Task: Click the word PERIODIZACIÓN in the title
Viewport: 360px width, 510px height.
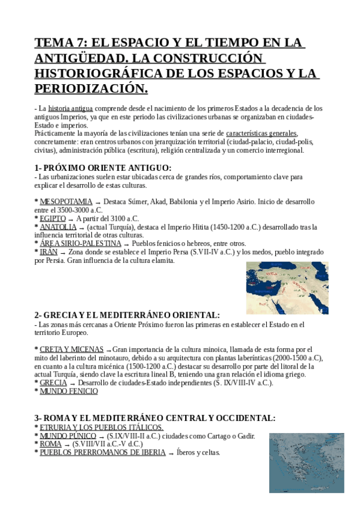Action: click(x=91, y=88)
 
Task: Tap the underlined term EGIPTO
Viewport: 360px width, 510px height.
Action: click(x=53, y=218)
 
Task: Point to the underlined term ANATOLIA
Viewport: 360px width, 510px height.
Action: click(x=58, y=227)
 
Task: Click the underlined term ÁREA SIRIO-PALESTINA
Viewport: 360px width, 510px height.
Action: click(x=81, y=244)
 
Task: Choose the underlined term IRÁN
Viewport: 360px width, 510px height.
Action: click(x=49, y=252)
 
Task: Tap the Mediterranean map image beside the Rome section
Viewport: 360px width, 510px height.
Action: click(x=307, y=462)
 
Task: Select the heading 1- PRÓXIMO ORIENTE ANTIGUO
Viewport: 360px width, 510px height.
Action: click(x=103, y=168)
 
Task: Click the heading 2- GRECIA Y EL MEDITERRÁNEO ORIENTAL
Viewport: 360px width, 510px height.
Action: click(x=127, y=315)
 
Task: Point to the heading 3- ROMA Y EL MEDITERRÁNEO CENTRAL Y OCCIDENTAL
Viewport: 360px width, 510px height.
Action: click(x=155, y=418)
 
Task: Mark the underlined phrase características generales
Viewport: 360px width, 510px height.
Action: click(x=261, y=133)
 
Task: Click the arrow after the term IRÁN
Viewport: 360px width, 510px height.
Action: click(x=64, y=253)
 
